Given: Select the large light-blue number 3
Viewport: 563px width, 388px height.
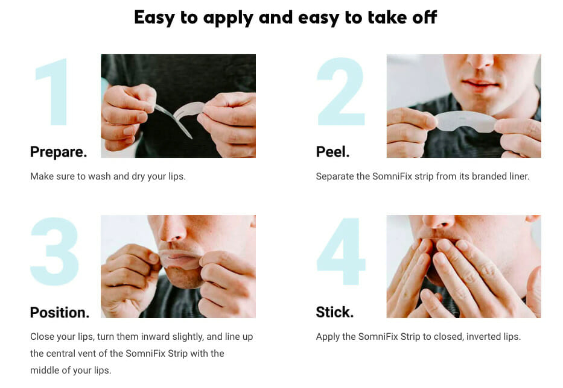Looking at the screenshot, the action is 54,251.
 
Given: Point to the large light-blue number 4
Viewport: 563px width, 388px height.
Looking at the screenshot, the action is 341,251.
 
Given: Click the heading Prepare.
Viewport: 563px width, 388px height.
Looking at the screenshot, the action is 59,152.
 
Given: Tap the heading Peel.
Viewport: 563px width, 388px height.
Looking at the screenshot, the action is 333,152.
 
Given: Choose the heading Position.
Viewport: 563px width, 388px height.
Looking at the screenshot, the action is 60,312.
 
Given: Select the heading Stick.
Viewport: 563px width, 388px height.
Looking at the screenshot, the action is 335,312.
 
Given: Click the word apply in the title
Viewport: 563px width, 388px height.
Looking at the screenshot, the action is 228,18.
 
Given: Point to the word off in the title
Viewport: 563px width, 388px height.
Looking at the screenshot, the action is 425,17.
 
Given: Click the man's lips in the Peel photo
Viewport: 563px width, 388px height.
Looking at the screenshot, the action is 480,84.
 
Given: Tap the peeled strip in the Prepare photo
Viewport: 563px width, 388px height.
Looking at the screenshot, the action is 188,110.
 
